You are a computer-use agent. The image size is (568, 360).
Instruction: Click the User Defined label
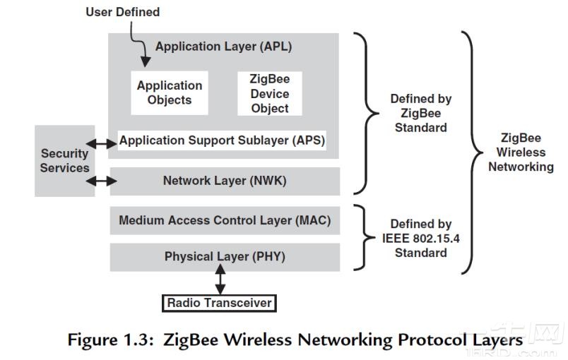(122, 12)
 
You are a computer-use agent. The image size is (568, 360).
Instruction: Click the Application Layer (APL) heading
(223, 47)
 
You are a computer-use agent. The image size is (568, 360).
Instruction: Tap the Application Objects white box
(170, 92)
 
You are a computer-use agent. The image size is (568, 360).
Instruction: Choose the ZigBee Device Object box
(269, 93)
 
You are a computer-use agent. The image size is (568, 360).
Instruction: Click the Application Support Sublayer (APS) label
(222, 140)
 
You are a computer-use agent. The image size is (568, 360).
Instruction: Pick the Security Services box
(64, 161)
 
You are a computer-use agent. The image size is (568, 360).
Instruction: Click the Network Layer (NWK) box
(224, 181)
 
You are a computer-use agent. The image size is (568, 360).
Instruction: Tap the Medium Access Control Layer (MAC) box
(224, 221)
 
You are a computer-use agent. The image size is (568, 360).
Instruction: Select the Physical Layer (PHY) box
(224, 257)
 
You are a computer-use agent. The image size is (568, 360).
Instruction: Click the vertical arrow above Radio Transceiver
(221, 280)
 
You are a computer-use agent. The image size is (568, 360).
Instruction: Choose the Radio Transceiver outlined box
(220, 304)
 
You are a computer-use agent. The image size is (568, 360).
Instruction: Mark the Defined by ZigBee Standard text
(420, 113)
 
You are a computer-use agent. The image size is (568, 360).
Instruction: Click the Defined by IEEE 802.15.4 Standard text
(420, 239)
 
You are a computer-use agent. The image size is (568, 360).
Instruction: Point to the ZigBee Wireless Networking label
(521, 152)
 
